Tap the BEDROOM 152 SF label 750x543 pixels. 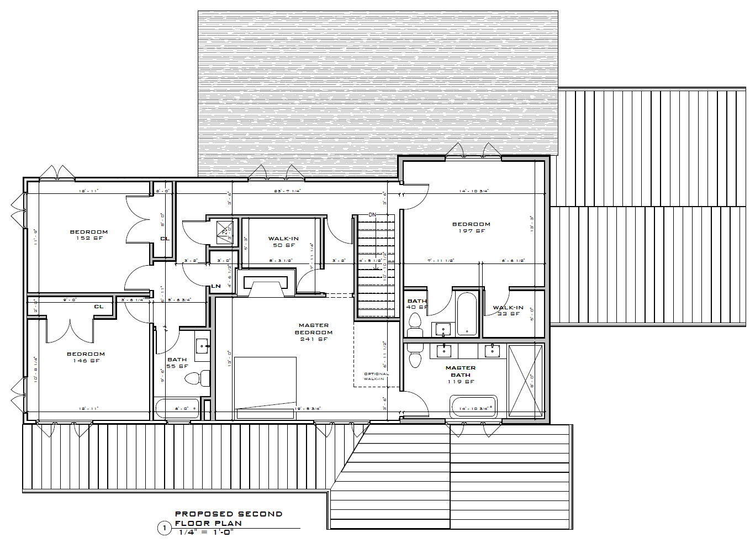88,235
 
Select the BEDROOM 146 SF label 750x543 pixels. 86,357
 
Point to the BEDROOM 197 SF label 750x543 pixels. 471,228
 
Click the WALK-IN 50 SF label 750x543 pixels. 283,242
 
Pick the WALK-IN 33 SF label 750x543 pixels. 508,311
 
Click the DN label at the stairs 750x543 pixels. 372,214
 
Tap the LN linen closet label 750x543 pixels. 216,286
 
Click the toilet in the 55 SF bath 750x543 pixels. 197,378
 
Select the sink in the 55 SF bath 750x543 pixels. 202,346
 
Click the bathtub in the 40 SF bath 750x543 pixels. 467,314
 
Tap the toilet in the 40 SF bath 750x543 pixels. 414,324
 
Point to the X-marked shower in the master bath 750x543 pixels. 525,381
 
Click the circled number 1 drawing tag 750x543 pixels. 164,529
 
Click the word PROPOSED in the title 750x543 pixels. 202,514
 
